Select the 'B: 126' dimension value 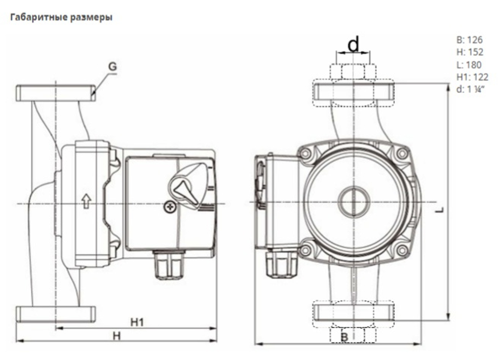point(469,40)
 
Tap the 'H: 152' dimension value point(469,52)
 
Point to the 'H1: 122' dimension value point(472,77)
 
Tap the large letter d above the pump point(354,44)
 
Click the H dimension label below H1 point(116,335)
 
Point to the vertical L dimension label point(440,210)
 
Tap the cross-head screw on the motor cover point(170,207)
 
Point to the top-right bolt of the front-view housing point(401,153)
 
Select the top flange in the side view point(55,93)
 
